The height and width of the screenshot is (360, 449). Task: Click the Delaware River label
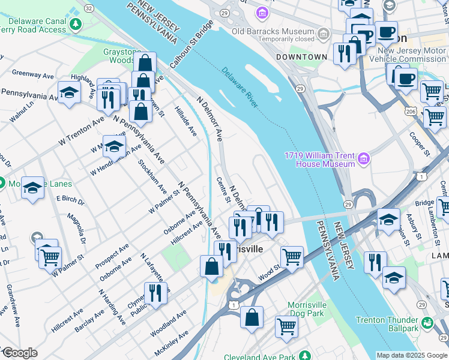point(240,88)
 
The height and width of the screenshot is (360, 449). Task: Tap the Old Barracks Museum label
point(273,32)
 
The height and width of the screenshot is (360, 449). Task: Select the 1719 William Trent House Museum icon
point(363,159)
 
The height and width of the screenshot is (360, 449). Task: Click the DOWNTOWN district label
point(301,57)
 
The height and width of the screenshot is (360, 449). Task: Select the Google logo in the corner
point(19,353)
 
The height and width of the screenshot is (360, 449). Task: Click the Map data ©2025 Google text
point(411,355)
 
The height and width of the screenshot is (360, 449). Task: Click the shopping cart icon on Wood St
point(292,257)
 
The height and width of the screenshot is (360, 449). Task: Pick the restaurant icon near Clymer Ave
point(155,293)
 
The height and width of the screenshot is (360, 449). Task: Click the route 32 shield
point(89,8)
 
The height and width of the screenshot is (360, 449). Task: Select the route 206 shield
point(410,112)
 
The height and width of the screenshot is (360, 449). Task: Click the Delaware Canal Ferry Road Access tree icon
point(75,24)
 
